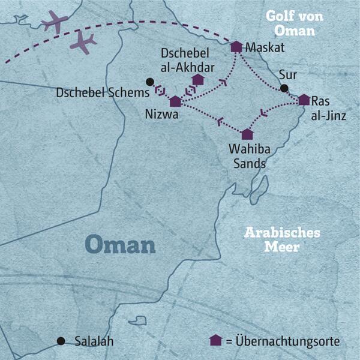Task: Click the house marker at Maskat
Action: tap(236, 46)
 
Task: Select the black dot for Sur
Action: tap(284, 89)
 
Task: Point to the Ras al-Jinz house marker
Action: tap(304, 100)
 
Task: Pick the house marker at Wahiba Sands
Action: tap(247, 134)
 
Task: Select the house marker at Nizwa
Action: tap(175, 101)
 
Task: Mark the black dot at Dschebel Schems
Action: tap(149, 82)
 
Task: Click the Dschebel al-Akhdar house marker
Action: tap(197, 79)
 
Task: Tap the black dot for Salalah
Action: tap(61, 341)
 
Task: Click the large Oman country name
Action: tap(120, 244)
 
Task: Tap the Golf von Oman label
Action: tap(295, 23)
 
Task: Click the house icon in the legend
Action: tap(215, 340)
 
